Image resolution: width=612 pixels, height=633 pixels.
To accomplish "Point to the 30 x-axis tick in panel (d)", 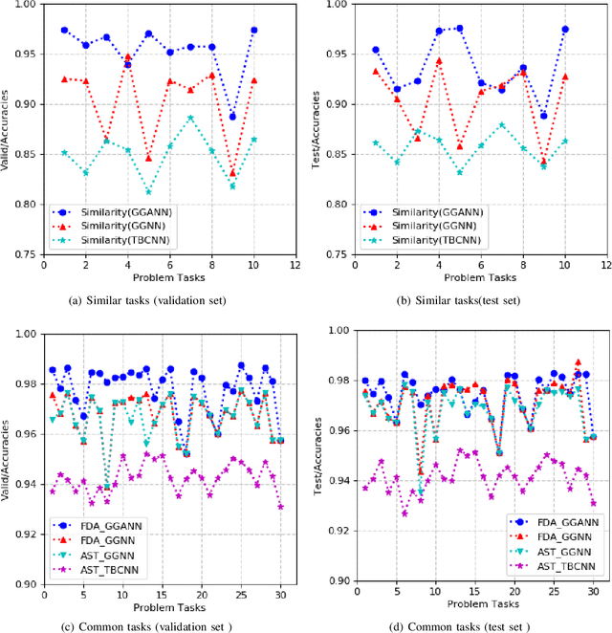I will point(593,592).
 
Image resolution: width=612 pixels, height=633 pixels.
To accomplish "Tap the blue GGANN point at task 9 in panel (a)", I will point(232,117).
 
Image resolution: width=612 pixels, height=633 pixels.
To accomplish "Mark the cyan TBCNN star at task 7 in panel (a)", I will point(190,118).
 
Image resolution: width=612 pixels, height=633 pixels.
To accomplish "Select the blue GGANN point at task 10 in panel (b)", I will point(565,30).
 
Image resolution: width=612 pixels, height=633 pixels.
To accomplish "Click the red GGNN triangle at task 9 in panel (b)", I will point(544,160).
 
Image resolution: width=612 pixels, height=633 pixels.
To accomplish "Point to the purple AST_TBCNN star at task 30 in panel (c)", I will point(280,507).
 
